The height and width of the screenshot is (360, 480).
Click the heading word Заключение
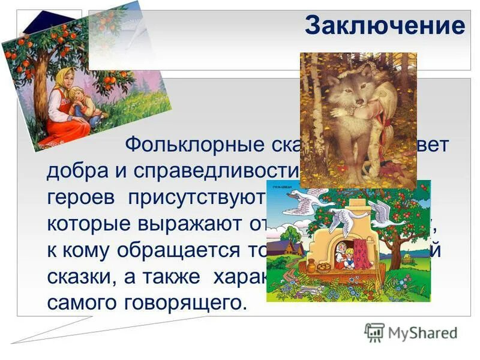385,26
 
